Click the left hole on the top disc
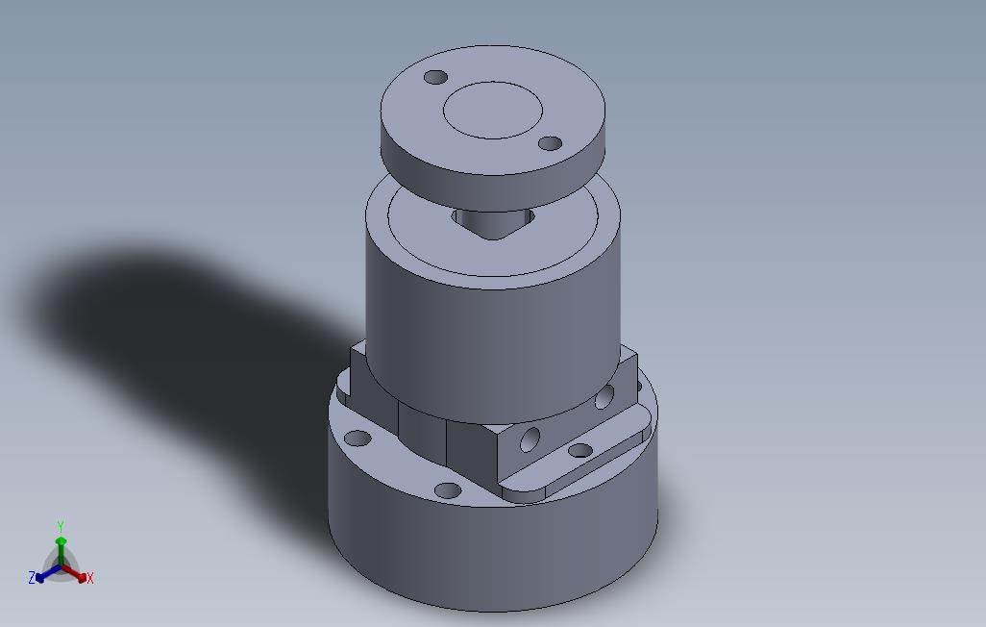[436, 77]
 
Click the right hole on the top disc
[550, 143]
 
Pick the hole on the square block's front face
[530, 440]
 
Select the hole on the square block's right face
[604, 396]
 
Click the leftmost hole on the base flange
[357, 439]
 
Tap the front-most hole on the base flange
[448, 490]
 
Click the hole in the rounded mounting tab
[580, 450]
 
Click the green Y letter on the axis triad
[61, 526]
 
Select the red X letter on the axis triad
[89, 578]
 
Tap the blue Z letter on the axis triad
[32, 578]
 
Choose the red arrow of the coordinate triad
[78, 574]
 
